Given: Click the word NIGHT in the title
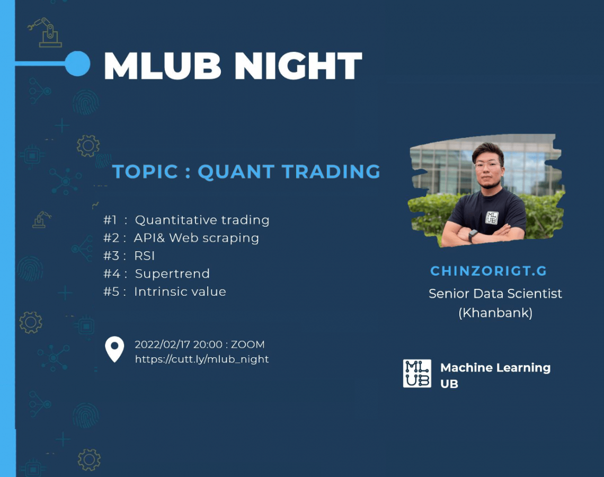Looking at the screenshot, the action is click(x=298, y=66).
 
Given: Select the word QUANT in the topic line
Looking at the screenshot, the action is click(x=236, y=172).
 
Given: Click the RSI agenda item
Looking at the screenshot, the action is click(x=145, y=256).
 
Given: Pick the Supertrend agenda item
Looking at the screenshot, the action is click(x=172, y=274).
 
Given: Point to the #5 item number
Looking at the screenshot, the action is click(x=111, y=291).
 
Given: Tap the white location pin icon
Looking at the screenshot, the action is click(x=114, y=349).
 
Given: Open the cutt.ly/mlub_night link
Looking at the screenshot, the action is click(x=201, y=359).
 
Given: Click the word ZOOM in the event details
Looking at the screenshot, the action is click(x=247, y=344).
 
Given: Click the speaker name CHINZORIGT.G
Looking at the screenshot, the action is click(x=488, y=271).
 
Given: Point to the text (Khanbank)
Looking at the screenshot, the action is click(x=495, y=313).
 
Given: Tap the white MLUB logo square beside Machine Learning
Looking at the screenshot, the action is click(x=417, y=373).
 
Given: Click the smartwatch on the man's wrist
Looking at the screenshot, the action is click(x=473, y=235).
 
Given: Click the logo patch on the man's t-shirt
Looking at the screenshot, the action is click(x=492, y=218).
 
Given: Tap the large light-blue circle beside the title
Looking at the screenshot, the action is click(x=77, y=64).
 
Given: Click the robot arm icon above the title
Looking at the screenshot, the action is click(x=45, y=32).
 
